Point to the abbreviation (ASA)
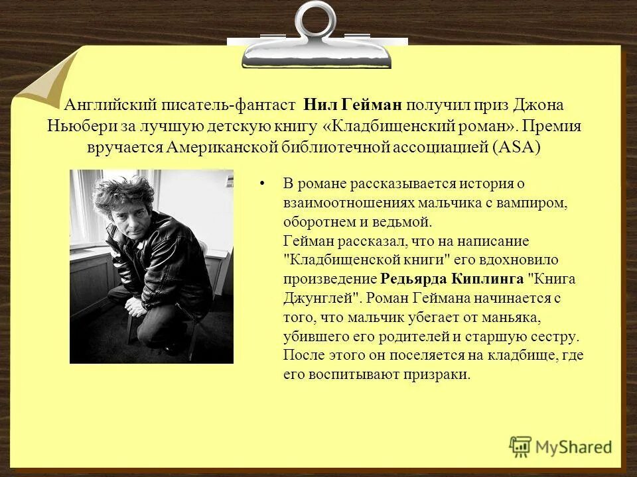coord(518,146)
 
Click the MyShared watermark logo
coord(561,447)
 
